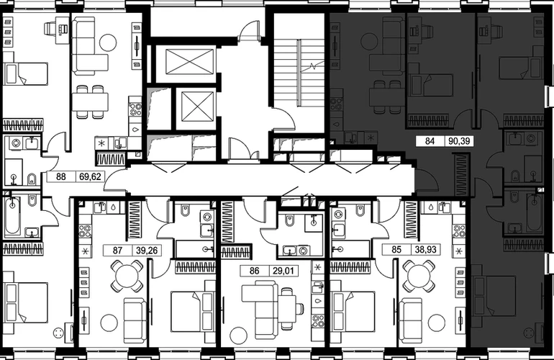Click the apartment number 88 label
point(61,176)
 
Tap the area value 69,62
point(90,176)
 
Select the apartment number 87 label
point(117,251)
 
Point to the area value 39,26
point(147,251)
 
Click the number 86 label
point(255,271)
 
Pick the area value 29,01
point(283,271)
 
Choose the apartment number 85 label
point(396,249)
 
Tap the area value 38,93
point(426,249)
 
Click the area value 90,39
point(459,141)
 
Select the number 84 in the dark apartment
point(430,141)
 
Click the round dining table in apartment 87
point(127,276)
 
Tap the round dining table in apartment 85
point(419,276)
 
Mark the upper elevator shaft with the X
point(189,62)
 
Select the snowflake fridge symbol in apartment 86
point(317,267)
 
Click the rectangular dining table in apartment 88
point(90,102)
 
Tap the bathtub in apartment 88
point(13,216)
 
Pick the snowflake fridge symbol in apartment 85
point(459,251)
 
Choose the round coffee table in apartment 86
point(238,334)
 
